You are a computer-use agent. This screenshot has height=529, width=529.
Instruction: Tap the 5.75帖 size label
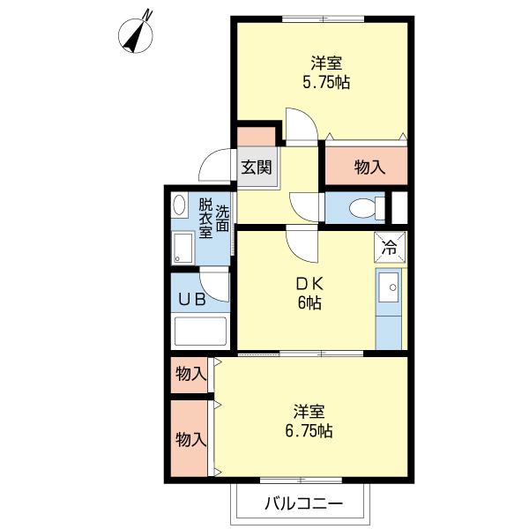point(325,83)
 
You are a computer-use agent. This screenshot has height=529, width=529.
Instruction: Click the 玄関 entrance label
point(257,168)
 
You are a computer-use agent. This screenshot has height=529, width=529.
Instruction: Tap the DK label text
point(309,284)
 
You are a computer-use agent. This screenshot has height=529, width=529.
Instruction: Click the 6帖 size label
point(309,303)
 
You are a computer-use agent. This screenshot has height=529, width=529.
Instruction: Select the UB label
point(192,299)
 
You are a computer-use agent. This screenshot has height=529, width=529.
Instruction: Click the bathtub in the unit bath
point(201,332)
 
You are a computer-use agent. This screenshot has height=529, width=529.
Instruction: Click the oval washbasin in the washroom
point(179,205)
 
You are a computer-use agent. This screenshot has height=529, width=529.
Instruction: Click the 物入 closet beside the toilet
point(369,167)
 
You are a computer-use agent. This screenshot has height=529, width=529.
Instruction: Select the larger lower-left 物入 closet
point(190,439)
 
